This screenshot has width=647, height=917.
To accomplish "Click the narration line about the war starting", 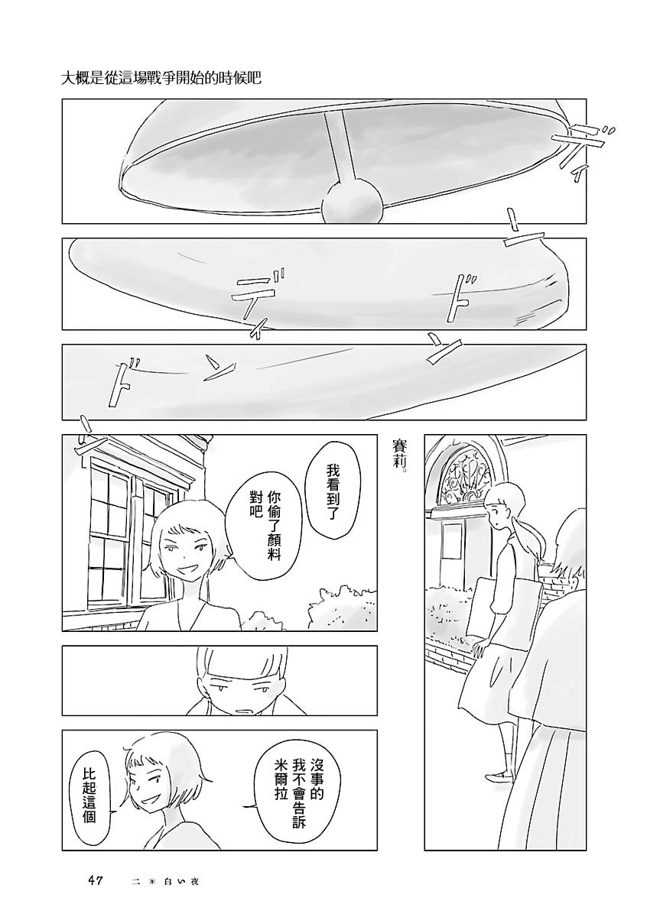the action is [x=161, y=77].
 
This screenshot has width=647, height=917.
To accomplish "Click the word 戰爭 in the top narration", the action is [x=172, y=77].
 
